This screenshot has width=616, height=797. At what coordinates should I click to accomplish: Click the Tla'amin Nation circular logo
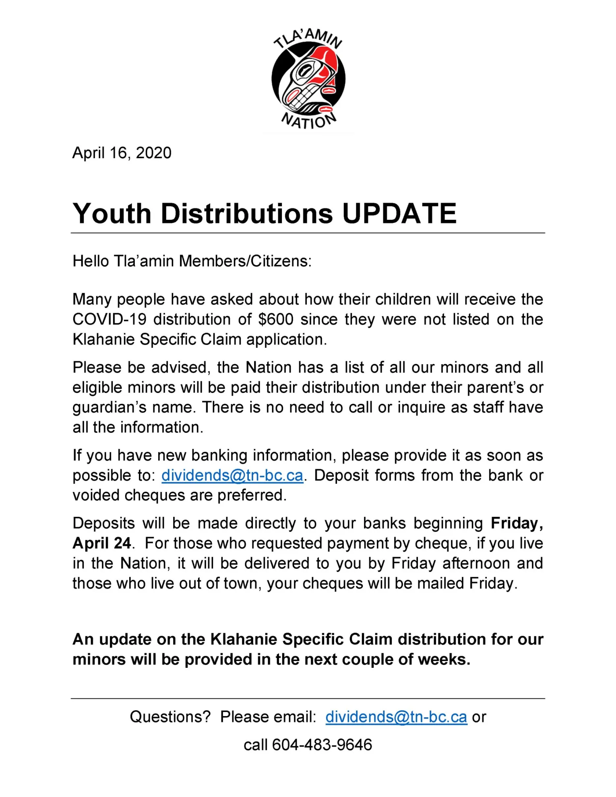coord(308,79)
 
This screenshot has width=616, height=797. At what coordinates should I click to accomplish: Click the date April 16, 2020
coord(122,153)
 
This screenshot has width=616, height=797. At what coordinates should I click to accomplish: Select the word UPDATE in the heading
coord(399,213)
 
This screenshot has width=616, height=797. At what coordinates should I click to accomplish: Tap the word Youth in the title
coord(112,213)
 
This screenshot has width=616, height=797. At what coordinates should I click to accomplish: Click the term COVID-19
coord(109,320)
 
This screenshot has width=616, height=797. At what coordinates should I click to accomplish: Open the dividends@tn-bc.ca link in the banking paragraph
coord(232,475)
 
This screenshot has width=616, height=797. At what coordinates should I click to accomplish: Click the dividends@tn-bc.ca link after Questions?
coord(396,717)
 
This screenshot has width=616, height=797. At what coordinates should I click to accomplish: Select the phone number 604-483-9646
coord(322,745)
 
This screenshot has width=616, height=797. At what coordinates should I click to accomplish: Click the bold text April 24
coord(101,543)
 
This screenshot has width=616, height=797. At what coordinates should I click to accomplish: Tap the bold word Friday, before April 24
coord(517,523)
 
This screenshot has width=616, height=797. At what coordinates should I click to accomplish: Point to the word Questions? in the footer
coord(170,717)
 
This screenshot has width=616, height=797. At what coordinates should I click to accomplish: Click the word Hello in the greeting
coord(91,261)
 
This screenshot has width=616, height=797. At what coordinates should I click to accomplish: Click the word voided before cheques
coord(95,496)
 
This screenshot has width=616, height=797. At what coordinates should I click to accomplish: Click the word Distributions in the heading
coord(247,213)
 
